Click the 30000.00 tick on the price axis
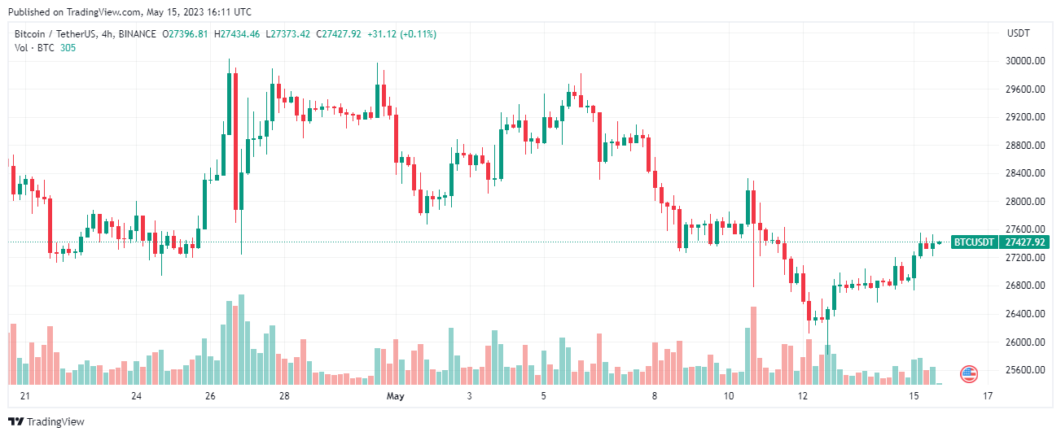(x=1024, y=61)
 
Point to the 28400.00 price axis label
(x=1024, y=173)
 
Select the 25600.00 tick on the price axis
(x=1024, y=370)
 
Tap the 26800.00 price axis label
(x=1024, y=286)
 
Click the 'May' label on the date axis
(x=396, y=396)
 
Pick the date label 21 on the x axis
(x=24, y=396)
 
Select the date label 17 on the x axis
(x=988, y=396)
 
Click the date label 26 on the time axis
(x=210, y=396)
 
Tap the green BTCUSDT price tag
(x=974, y=242)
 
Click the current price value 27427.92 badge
(x=1024, y=242)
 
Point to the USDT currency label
(x=1019, y=33)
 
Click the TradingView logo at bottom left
(x=46, y=421)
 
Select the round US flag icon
(x=968, y=374)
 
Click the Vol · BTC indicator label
(x=33, y=48)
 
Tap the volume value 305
(x=68, y=48)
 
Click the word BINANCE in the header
(x=136, y=34)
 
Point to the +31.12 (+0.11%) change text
(x=401, y=34)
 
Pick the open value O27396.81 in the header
(x=186, y=34)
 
